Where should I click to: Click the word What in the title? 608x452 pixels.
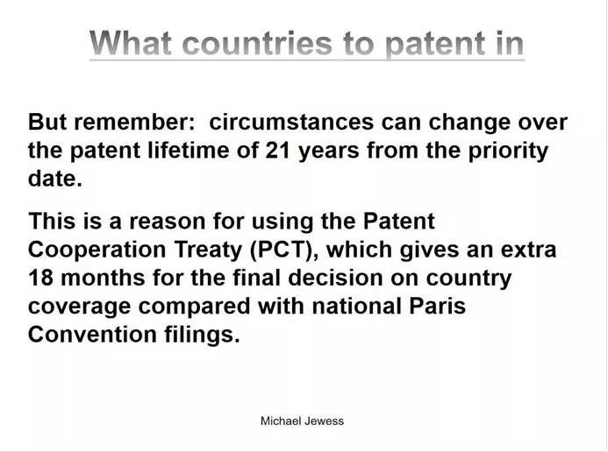point(131,43)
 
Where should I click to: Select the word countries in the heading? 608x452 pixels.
point(257,43)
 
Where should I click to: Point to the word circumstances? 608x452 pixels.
point(291,122)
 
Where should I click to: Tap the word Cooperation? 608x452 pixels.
point(97,251)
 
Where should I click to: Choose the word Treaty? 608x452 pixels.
point(208,251)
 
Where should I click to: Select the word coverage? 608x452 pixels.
point(80,307)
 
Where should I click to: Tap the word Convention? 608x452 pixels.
point(92,335)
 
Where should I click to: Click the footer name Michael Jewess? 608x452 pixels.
point(302,421)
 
